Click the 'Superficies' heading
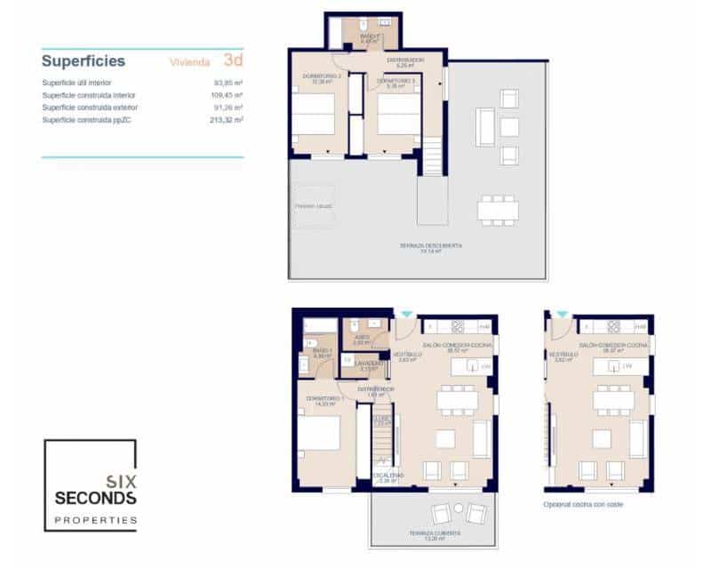83,61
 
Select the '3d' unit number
233,60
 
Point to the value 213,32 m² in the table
228,119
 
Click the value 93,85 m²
229,83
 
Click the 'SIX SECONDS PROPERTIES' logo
91,485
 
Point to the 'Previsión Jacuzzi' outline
314,205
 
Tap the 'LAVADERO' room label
371,363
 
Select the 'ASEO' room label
362,338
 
